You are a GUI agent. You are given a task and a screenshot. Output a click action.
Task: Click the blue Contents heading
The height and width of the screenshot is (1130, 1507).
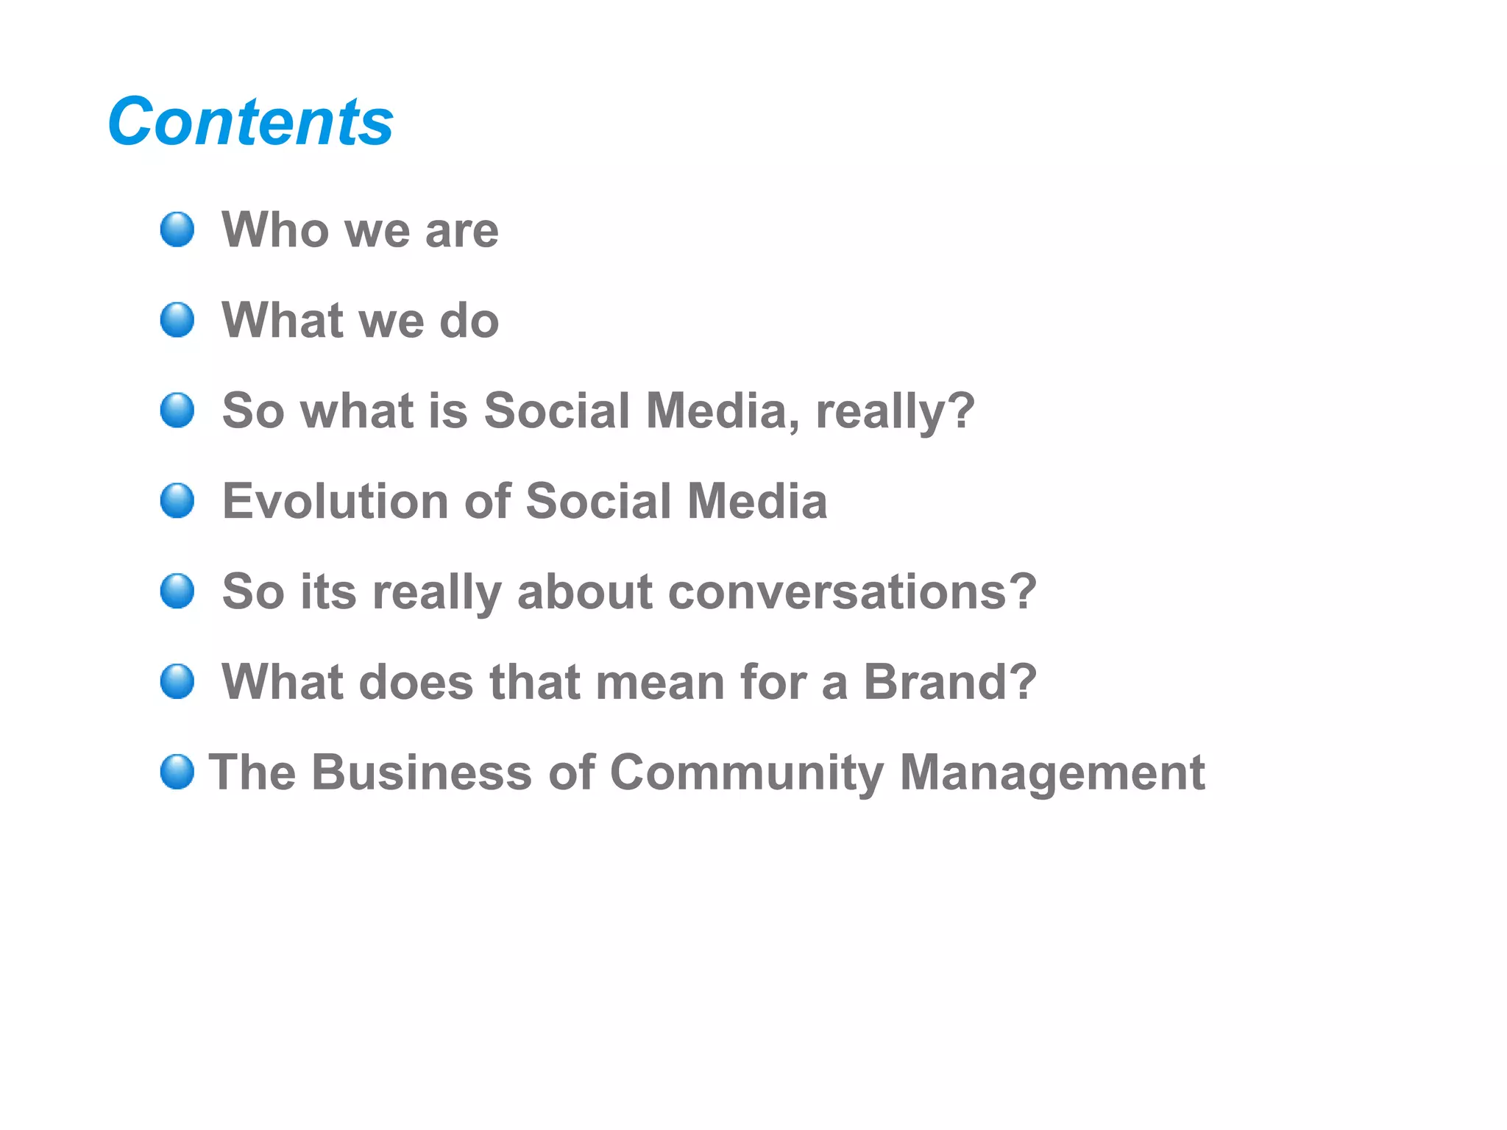[250, 122]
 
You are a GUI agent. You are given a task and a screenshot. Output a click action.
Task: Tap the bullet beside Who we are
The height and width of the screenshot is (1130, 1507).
[177, 230]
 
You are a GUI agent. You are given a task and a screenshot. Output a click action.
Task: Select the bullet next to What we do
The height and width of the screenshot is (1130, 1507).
[177, 320]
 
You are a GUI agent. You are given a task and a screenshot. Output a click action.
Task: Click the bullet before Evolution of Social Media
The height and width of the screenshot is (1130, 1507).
[177, 501]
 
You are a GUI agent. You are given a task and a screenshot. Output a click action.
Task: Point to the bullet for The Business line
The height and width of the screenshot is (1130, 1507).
[177, 772]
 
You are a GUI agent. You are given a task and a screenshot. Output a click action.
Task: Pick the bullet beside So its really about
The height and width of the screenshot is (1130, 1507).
[177, 591]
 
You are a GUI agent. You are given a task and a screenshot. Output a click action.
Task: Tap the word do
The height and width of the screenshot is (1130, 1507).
[469, 321]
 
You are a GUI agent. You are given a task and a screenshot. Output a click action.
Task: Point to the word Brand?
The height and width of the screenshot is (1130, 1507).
[949, 682]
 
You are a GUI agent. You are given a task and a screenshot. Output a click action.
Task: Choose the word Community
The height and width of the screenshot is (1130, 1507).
[746, 773]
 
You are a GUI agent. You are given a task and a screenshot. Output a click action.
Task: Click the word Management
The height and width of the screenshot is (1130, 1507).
[1052, 773]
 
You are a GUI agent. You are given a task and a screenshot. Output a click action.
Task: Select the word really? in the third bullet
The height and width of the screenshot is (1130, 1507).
[895, 411]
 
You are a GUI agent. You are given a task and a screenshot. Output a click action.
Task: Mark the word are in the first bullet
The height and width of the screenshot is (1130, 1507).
[461, 231]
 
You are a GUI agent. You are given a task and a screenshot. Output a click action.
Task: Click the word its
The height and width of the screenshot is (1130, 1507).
[328, 591]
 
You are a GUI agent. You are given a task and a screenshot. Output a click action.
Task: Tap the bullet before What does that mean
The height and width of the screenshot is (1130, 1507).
[177, 681]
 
